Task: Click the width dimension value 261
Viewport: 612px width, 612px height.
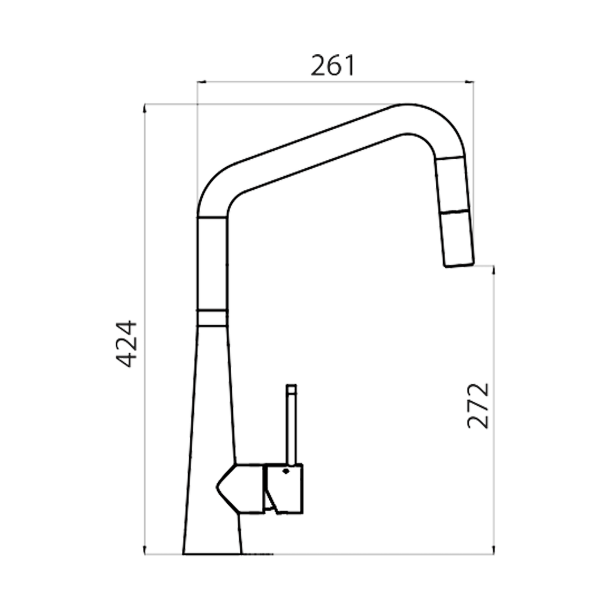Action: pyautogui.click(x=333, y=66)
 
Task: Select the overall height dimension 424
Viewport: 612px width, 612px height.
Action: pyautogui.click(x=126, y=343)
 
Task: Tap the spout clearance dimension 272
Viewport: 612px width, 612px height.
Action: pyautogui.click(x=478, y=405)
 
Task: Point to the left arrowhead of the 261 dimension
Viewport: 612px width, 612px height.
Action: pyautogui.click(x=200, y=82)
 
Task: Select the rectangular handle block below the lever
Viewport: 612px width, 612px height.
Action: pyautogui.click(x=286, y=488)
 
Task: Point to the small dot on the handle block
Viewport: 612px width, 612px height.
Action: pyautogui.click(x=286, y=471)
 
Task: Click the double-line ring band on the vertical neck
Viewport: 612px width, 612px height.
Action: pyautogui.click(x=212, y=318)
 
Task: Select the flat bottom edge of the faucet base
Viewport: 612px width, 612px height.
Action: pyautogui.click(x=212, y=554)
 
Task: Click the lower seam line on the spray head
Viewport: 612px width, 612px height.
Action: pyautogui.click(x=454, y=212)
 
